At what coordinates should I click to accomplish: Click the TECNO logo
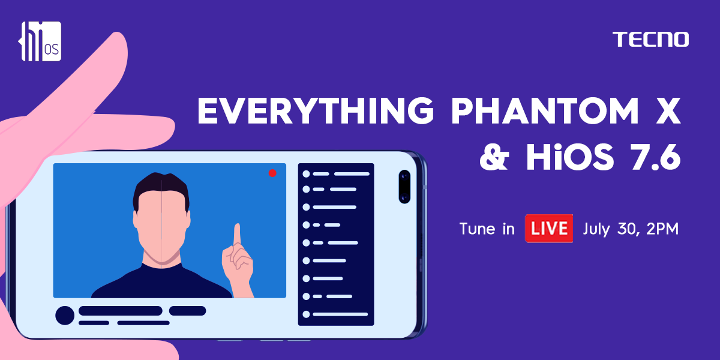pyautogui.click(x=650, y=39)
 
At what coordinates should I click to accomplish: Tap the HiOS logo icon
pyautogui.click(x=40, y=41)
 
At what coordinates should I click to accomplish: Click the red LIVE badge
pyautogui.click(x=548, y=228)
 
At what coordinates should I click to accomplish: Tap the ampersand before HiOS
pyautogui.click(x=494, y=157)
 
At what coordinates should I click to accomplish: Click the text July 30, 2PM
pyautogui.click(x=631, y=229)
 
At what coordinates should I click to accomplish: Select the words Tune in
pyautogui.click(x=487, y=229)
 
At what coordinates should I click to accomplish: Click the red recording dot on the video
pyautogui.click(x=272, y=173)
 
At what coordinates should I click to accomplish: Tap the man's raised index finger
pyautogui.click(x=238, y=235)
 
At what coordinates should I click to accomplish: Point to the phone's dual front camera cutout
pyautogui.click(x=404, y=187)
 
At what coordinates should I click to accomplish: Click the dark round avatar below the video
pyautogui.click(x=65, y=316)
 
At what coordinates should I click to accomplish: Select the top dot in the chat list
pyautogui.click(x=306, y=174)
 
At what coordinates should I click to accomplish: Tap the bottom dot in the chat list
pyautogui.click(x=306, y=314)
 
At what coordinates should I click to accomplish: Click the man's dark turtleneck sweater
pyautogui.click(x=161, y=283)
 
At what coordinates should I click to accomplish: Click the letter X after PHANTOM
pyautogui.click(x=668, y=110)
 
